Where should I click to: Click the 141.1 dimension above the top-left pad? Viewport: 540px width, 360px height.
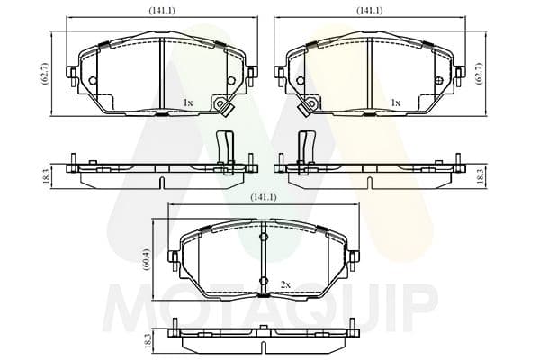[x=162, y=11]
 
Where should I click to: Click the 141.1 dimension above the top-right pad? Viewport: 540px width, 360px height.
[x=369, y=11]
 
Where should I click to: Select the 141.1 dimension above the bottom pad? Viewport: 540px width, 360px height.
[x=264, y=197]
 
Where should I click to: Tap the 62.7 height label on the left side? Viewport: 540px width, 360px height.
[x=45, y=74]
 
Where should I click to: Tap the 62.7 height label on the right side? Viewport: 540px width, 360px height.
[x=479, y=74]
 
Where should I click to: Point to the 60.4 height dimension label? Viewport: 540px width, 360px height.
[x=147, y=259]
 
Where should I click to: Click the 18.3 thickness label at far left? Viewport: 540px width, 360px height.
[x=46, y=176]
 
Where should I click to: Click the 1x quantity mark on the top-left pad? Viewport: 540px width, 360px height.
[x=188, y=103]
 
